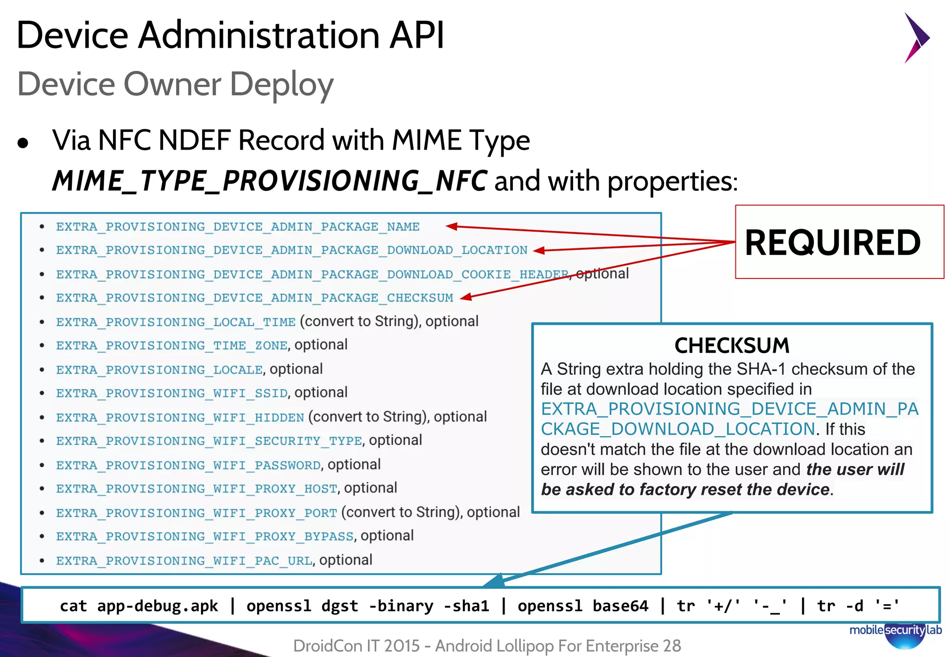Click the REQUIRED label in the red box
click(832, 243)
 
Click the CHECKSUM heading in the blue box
click(732, 346)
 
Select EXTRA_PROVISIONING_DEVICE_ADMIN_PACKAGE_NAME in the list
click(238, 227)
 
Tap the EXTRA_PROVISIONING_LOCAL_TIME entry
click(176, 322)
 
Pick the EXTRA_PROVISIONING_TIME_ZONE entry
click(171, 346)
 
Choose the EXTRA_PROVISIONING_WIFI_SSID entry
click(171, 393)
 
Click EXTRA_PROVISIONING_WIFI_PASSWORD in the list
click(188, 465)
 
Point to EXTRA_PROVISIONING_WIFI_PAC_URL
click(184, 561)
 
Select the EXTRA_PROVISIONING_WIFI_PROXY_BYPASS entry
click(204, 537)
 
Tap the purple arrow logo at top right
click(916, 38)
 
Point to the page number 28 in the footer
click(671, 645)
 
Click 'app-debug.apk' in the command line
click(158, 606)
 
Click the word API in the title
click(417, 35)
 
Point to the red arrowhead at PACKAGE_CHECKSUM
click(466, 297)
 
